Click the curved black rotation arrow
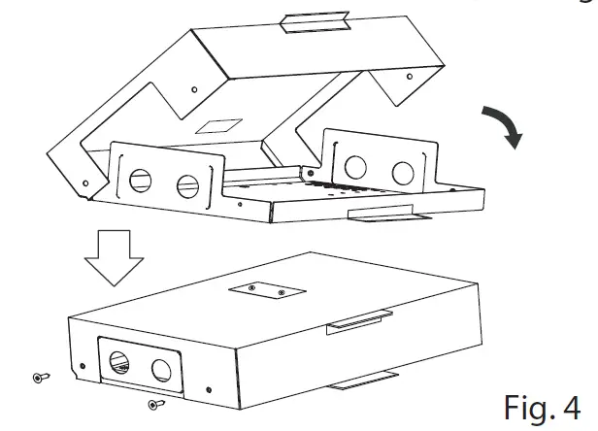pos(504,126)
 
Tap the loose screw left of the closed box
pos(40,377)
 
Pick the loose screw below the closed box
pos(153,403)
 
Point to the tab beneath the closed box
pos(363,382)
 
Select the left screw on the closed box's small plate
pos(252,287)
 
